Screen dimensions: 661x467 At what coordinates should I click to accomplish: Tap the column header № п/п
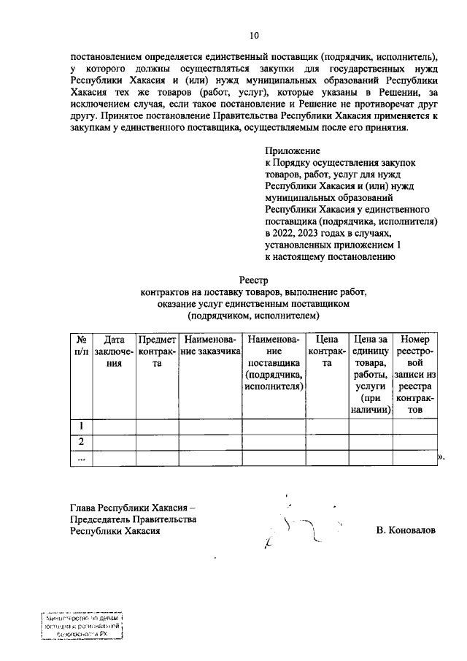(82, 345)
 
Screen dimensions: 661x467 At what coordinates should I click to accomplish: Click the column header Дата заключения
(115, 351)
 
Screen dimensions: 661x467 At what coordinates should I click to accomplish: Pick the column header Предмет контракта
(157, 351)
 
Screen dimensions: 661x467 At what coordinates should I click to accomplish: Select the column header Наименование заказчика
(210, 345)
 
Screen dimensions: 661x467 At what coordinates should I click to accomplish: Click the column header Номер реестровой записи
(414, 375)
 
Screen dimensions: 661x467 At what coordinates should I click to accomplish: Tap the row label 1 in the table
(82, 426)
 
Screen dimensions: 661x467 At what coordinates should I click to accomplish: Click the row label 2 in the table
(82, 441)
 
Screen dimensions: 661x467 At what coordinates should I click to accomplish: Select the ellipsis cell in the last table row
(82, 457)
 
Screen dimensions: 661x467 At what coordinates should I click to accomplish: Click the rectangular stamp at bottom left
(81, 626)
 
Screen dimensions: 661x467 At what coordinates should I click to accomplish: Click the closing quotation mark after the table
(440, 457)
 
